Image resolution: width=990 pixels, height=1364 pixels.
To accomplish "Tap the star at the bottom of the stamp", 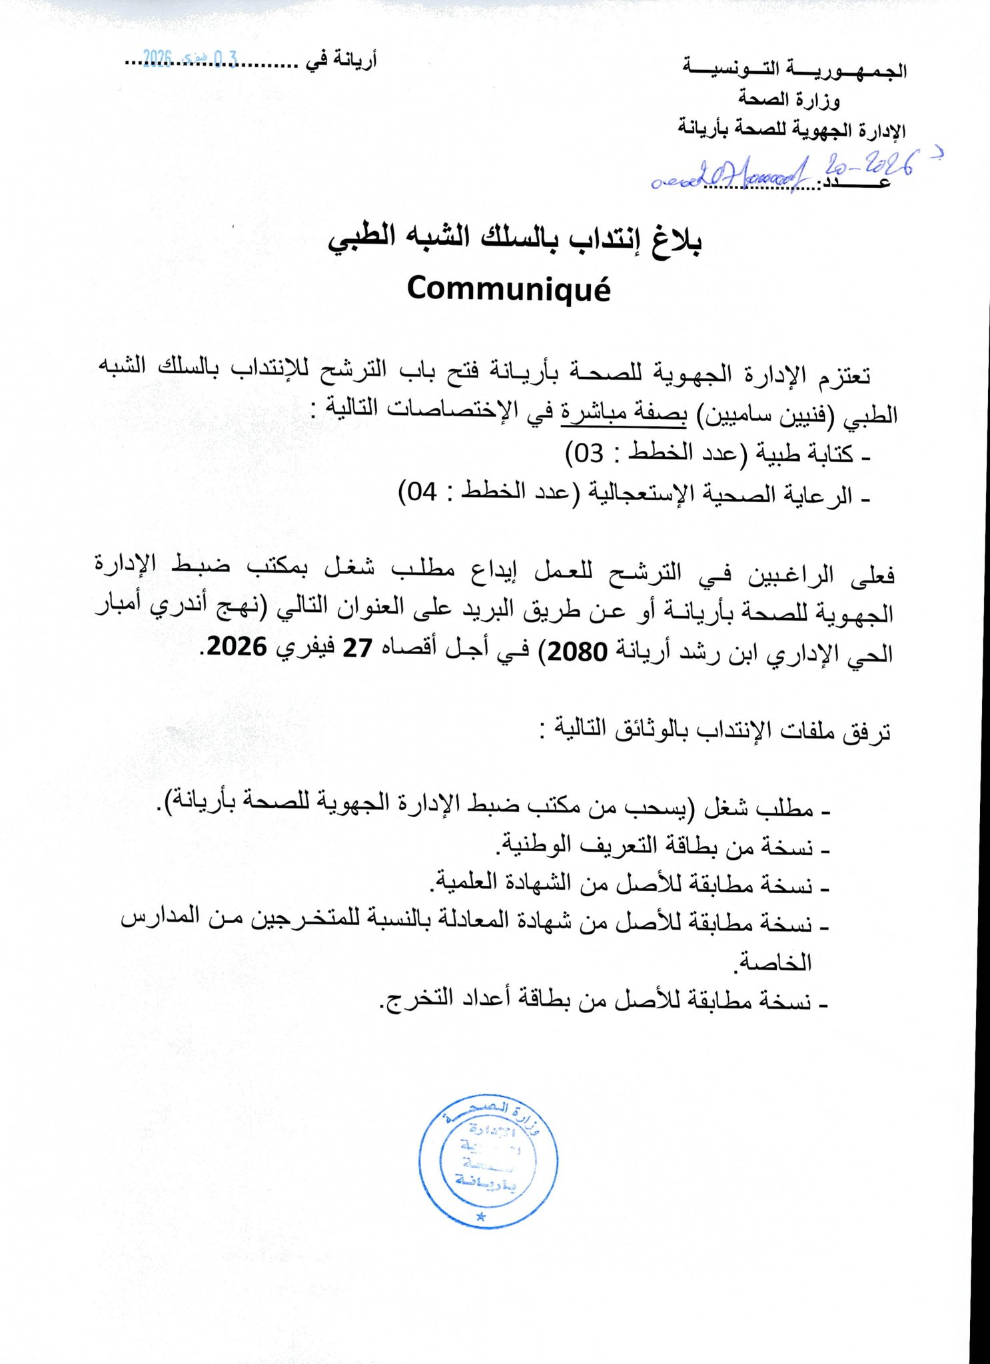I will point(481,1217).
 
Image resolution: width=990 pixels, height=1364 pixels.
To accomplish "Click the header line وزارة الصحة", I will point(789,100).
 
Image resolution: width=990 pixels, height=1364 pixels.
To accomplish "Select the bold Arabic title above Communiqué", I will point(514,238).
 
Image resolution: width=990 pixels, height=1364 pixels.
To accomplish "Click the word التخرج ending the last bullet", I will point(406,1001).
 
